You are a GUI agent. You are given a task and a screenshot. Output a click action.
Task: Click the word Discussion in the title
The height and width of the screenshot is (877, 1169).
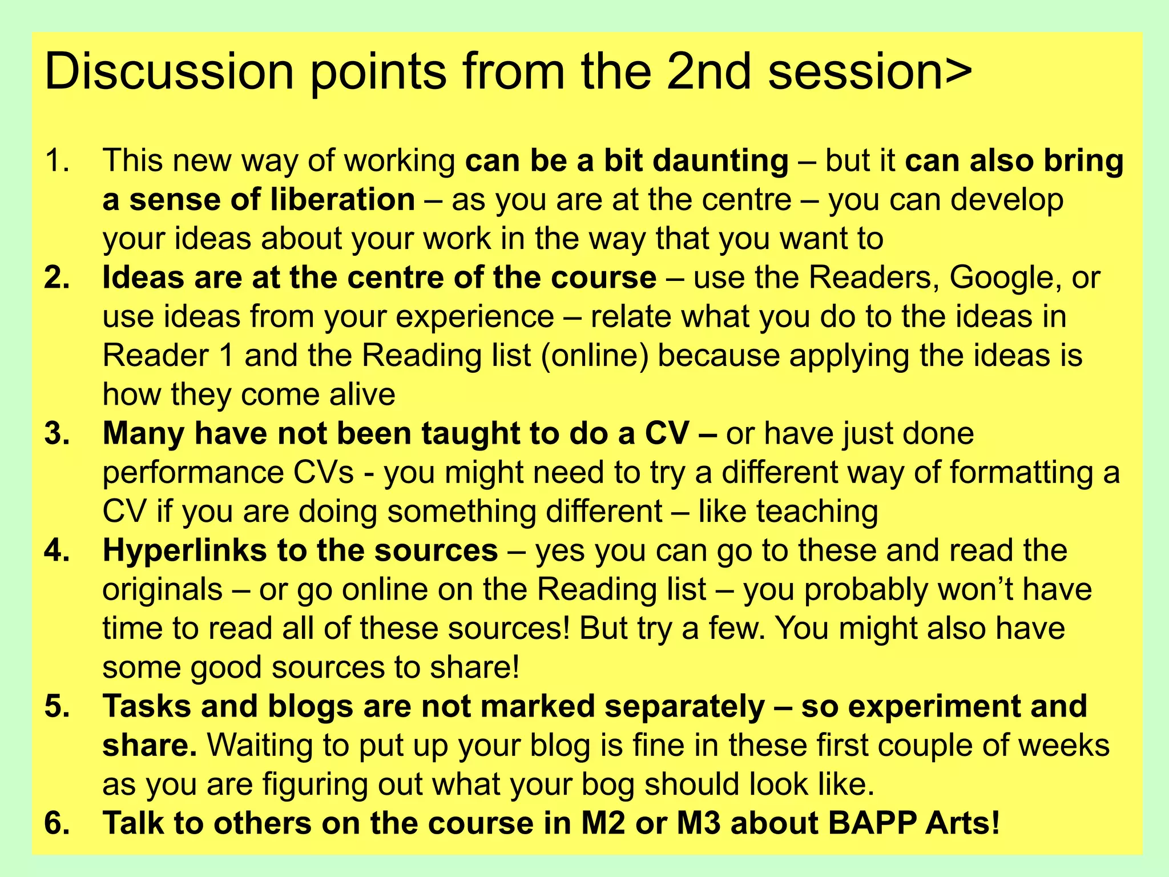point(169,72)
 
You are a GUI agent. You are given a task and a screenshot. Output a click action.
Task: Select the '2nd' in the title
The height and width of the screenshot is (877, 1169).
point(708,72)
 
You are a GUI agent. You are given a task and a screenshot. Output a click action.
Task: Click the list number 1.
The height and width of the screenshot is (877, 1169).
point(57,160)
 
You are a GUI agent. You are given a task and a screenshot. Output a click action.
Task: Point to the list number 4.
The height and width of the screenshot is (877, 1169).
point(57,550)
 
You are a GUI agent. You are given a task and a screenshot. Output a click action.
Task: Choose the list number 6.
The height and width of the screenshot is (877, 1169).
point(57,823)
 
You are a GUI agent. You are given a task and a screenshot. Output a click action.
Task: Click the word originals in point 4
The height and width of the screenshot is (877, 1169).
point(163,590)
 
